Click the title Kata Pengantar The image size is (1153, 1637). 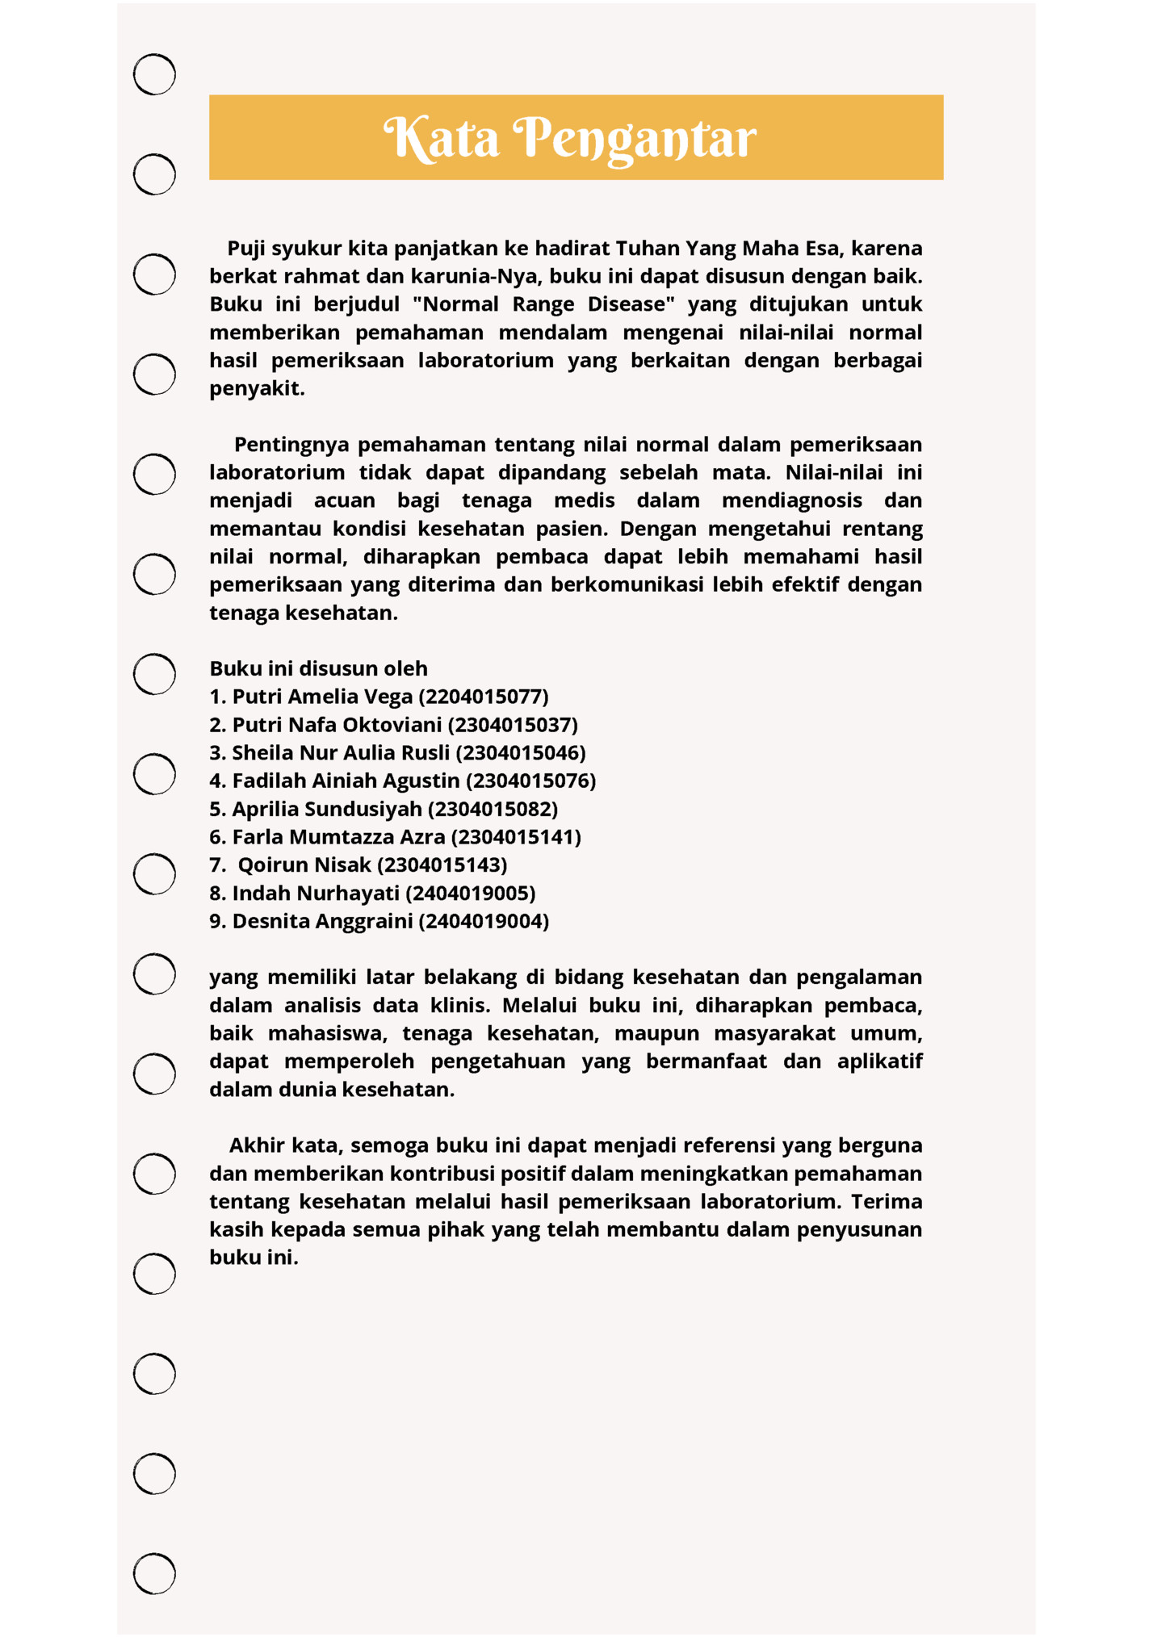(570, 138)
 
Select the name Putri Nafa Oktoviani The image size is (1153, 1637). (337, 725)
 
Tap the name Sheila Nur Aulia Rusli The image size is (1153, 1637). (341, 753)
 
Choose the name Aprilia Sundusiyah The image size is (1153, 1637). (327, 809)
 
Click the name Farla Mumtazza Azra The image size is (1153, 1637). (338, 837)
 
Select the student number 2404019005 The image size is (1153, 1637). (471, 894)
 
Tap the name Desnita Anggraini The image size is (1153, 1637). (322, 922)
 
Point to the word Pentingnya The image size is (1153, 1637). (291, 445)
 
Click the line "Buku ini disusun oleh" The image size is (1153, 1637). (318, 668)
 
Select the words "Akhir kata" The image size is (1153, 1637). (286, 1145)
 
